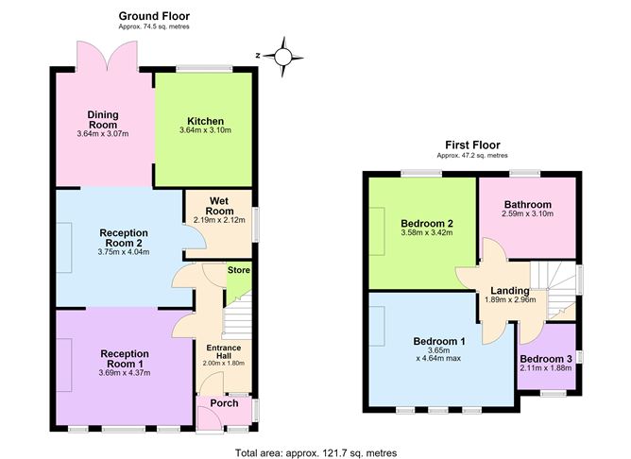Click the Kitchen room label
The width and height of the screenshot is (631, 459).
(x=205, y=121)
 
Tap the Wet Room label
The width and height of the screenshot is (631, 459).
(x=219, y=206)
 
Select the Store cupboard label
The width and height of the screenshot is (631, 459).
(x=239, y=270)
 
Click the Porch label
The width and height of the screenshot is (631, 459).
(x=224, y=403)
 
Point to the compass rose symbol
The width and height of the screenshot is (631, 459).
(x=282, y=57)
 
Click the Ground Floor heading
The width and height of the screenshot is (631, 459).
(x=154, y=16)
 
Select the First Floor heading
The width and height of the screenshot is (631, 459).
(x=472, y=144)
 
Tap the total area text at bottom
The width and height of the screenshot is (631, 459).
(x=315, y=453)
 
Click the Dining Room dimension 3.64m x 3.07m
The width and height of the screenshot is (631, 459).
(x=103, y=134)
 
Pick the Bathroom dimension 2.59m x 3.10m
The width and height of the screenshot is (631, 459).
(x=528, y=213)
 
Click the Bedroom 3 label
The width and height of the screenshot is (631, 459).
(x=546, y=359)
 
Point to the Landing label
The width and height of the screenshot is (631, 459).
(x=510, y=291)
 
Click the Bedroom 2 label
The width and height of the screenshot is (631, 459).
(x=427, y=223)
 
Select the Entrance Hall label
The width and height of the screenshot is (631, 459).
(x=224, y=351)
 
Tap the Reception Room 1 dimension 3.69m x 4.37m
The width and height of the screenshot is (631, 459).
(x=125, y=373)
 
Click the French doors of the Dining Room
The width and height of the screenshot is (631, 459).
(x=108, y=57)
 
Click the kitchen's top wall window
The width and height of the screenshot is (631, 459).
(x=204, y=69)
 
